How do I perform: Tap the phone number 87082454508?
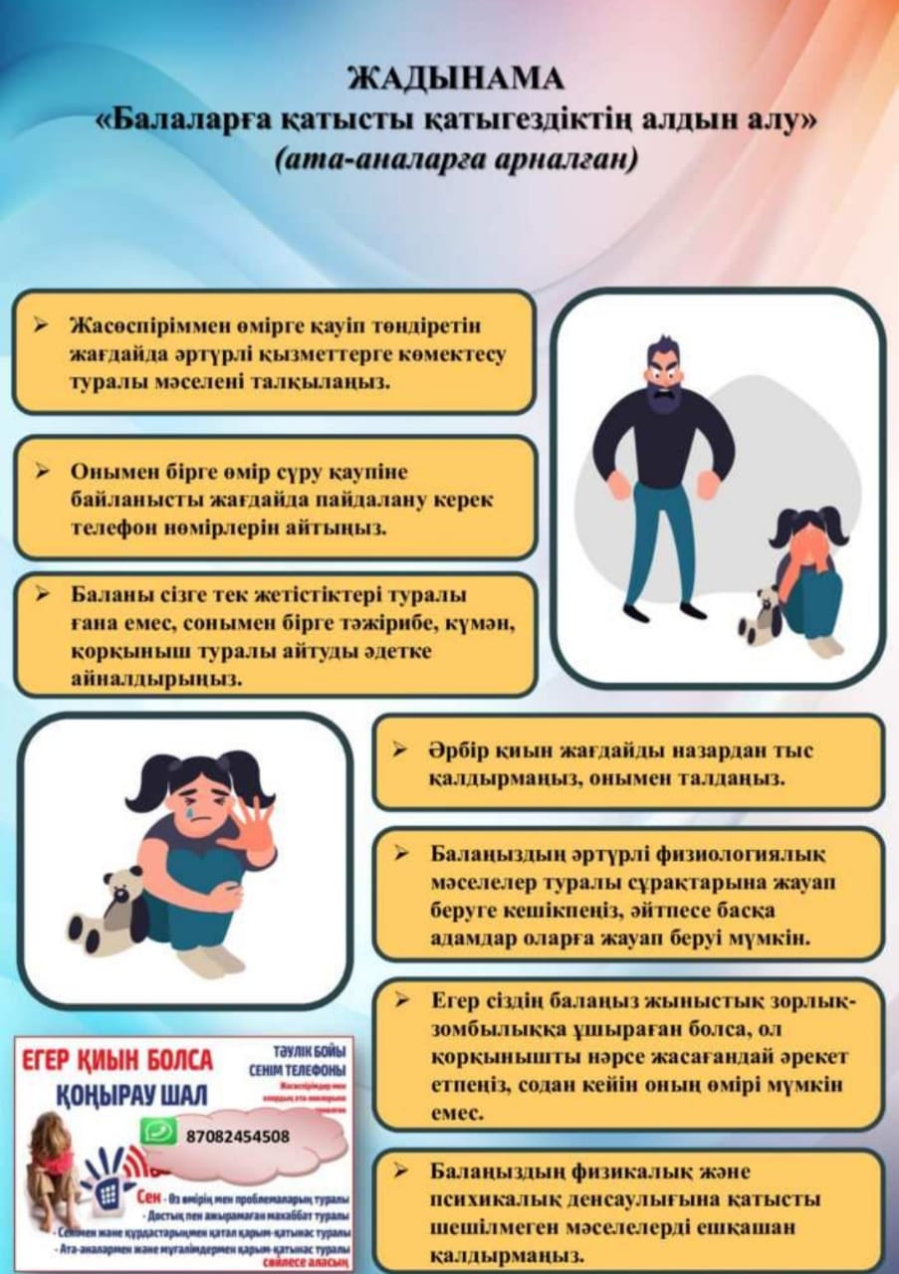click(238, 1137)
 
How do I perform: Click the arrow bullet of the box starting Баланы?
click(42, 594)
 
